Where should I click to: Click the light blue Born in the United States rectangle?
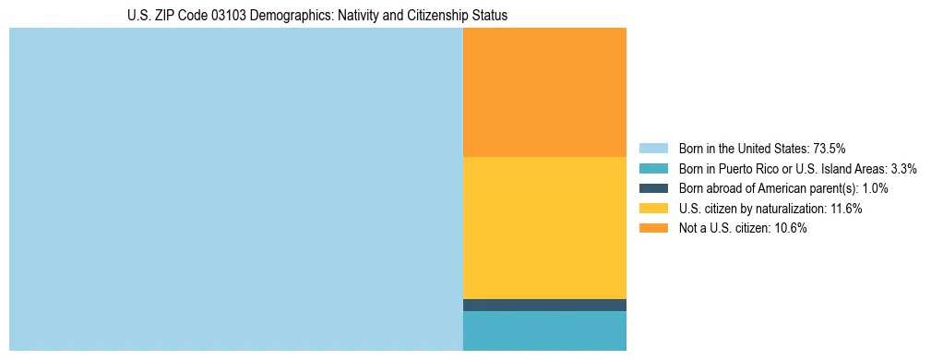pyautogui.click(x=235, y=189)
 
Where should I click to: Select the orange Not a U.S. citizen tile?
pyautogui.click(x=544, y=92)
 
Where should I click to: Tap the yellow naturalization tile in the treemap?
pyautogui.click(x=544, y=227)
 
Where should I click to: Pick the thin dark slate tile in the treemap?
pyautogui.click(x=544, y=305)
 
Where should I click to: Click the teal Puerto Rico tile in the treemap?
pyautogui.click(x=544, y=330)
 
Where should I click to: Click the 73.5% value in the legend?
pyautogui.click(x=830, y=149)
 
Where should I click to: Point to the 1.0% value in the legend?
pyautogui.click(x=876, y=188)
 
